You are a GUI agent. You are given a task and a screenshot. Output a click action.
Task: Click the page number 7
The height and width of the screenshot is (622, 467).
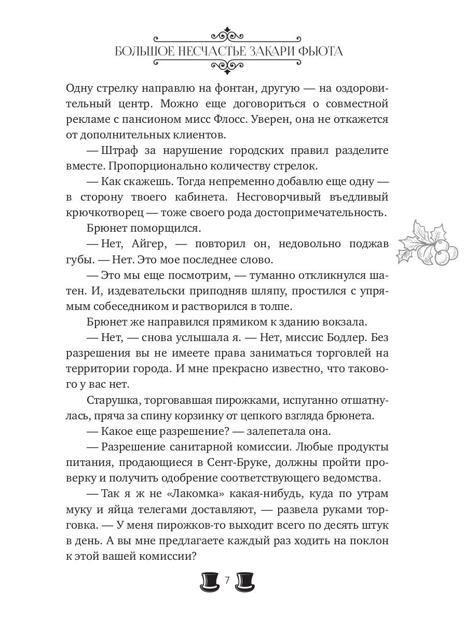coord(227,581)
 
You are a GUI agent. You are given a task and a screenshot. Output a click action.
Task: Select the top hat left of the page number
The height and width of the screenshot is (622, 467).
coord(210,582)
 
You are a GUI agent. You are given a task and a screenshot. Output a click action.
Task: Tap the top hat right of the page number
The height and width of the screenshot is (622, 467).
coord(245,582)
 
